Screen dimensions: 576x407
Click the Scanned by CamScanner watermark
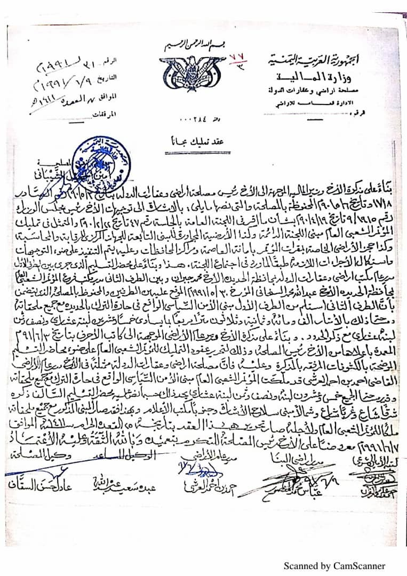pyautogui.click(x=334, y=566)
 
